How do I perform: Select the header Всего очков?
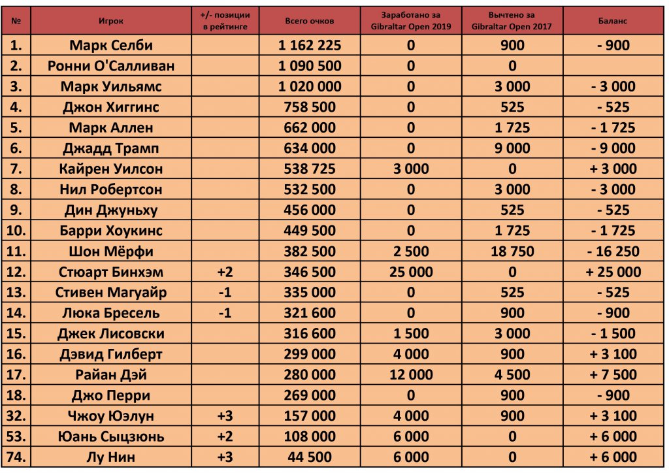pos(309,22)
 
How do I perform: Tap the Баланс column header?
pos(612,22)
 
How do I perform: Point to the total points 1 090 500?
pos(309,65)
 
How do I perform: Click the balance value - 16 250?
pos(612,252)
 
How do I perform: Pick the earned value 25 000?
pos(411,272)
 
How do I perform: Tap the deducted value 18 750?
pos(512,252)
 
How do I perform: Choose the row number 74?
pos(16,457)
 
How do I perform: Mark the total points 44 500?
pos(309,457)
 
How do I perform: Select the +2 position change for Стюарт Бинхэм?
pos(225,272)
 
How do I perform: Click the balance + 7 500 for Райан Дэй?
pos(612,375)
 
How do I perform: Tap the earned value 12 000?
pos(411,375)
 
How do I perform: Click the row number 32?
pos(16,416)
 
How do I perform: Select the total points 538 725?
pos(309,169)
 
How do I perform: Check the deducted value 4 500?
pos(512,375)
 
